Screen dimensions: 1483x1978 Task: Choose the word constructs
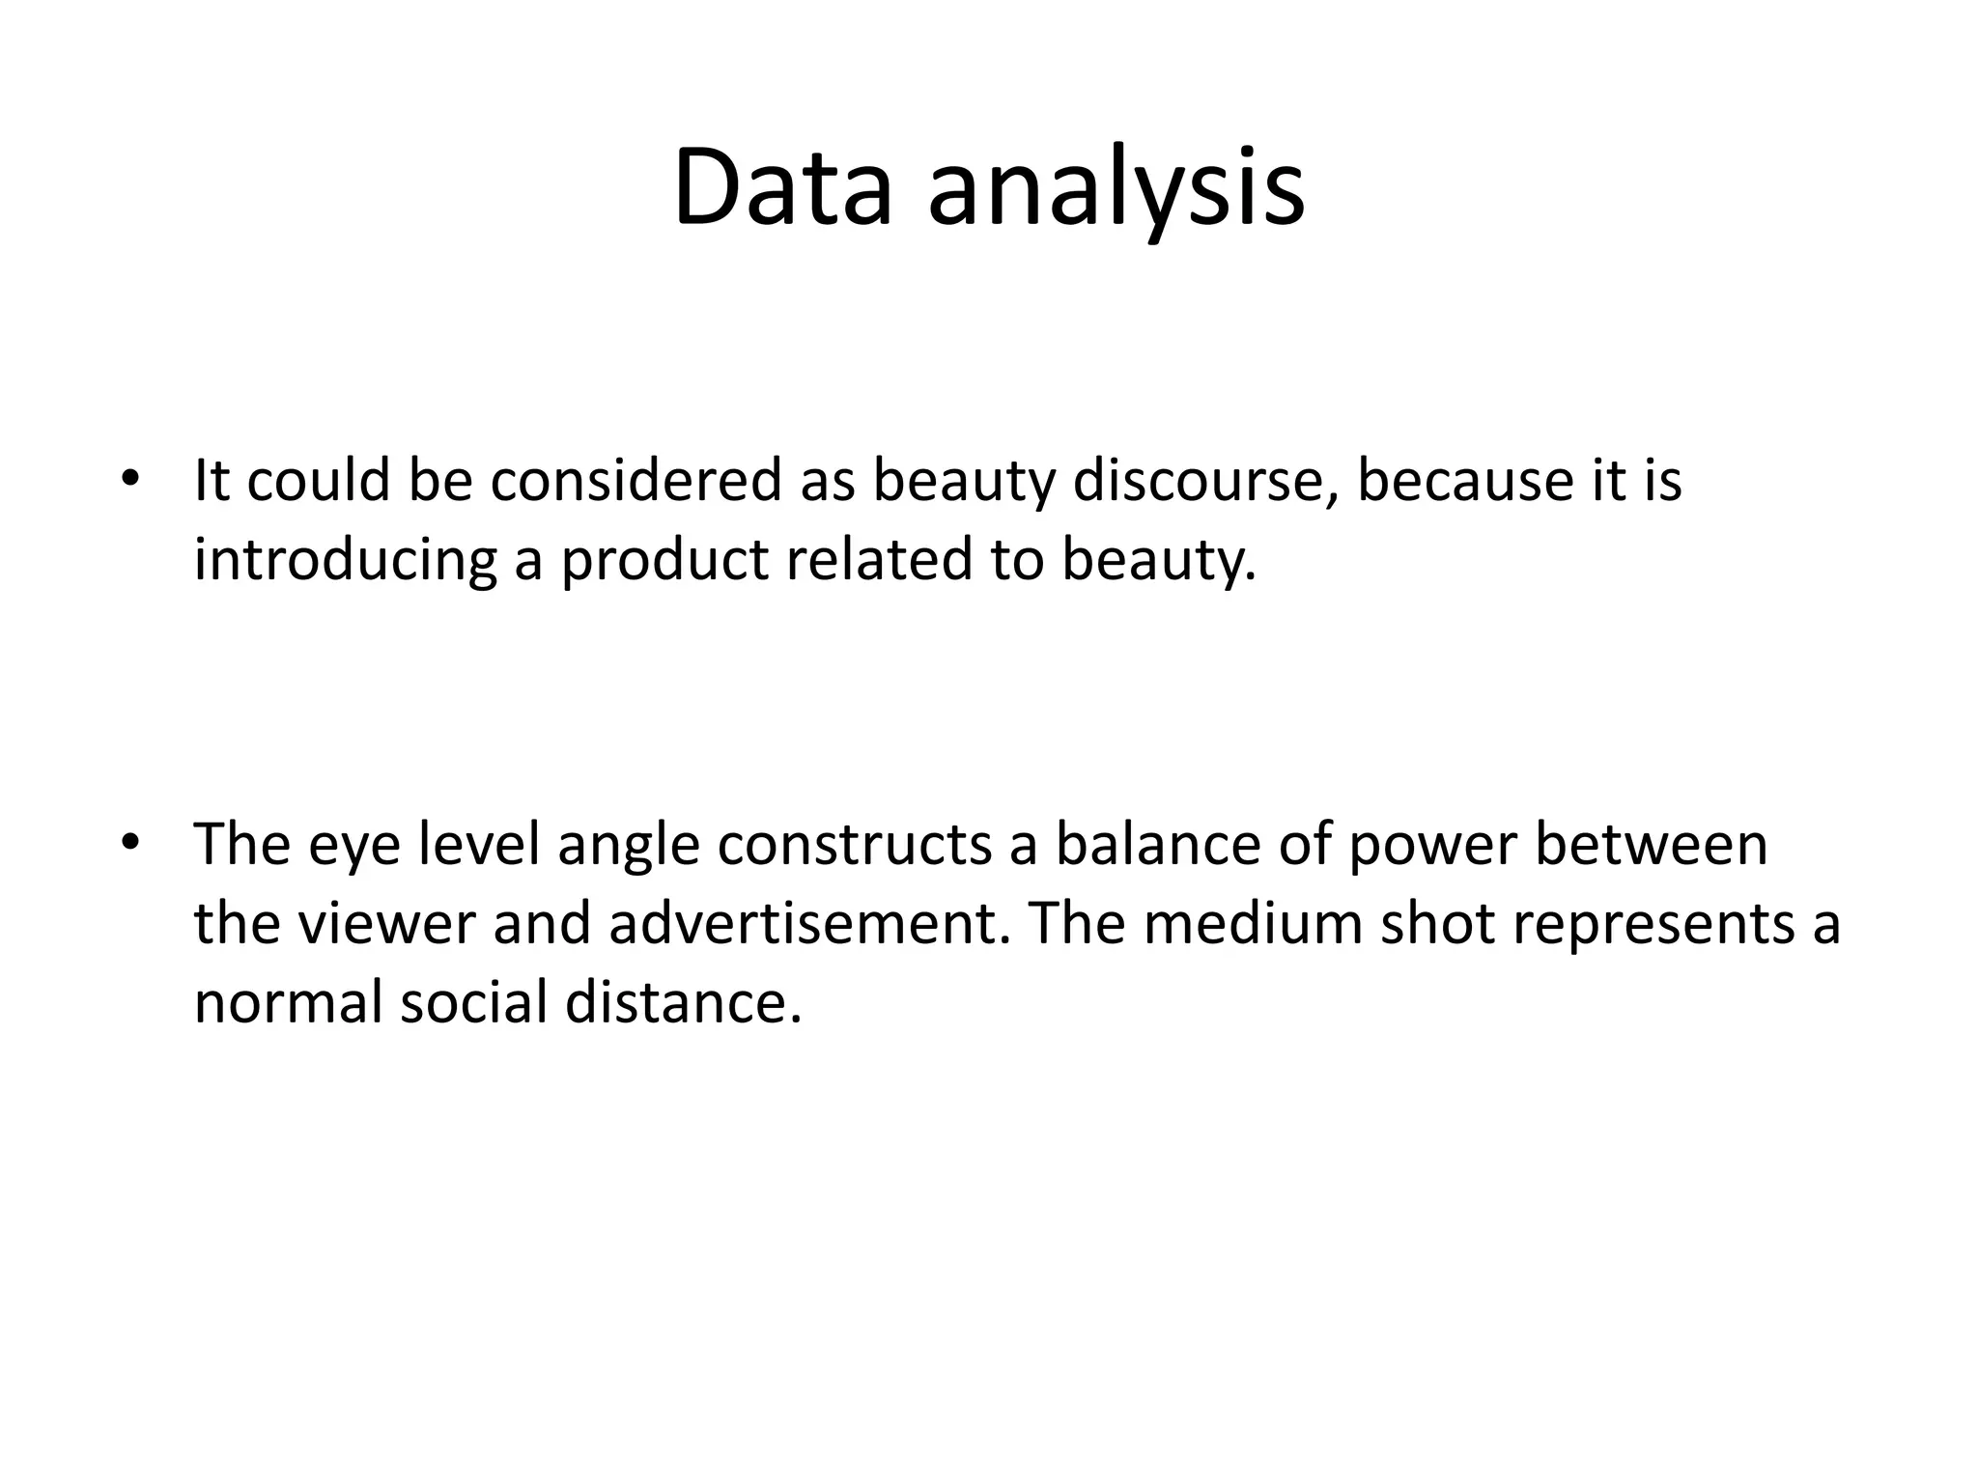point(855,845)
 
